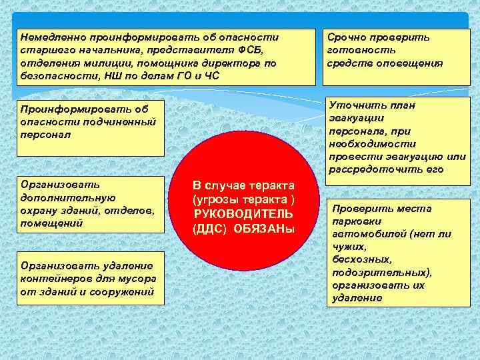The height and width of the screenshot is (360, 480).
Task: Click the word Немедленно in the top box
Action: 49,37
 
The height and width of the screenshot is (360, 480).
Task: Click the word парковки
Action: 359,221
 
